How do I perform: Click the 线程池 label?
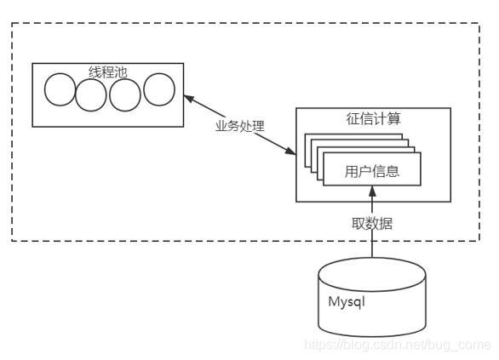107,72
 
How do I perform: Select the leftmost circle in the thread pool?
60,90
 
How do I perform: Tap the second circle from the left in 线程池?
91,94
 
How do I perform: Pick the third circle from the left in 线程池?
124,94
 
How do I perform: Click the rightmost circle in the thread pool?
158,89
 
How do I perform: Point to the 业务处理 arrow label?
239,126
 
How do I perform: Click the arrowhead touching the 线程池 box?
189,99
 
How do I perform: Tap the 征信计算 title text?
372,119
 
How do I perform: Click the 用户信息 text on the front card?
372,172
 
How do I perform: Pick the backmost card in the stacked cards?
311,140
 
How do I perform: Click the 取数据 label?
372,224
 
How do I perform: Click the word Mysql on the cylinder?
347,301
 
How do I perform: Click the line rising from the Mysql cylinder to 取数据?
372,245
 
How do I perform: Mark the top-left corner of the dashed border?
12,24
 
